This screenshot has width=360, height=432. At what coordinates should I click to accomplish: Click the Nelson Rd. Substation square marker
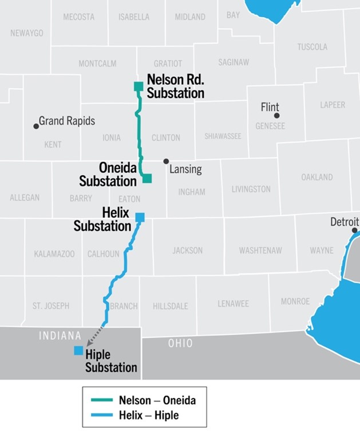(x=138, y=87)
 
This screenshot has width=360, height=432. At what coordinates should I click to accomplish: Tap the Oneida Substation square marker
(x=147, y=178)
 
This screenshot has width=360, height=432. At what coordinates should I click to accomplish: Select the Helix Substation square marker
(x=140, y=217)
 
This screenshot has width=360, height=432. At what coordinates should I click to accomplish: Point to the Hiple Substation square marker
(x=78, y=351)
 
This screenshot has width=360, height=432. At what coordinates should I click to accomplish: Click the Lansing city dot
(x=166, y=162)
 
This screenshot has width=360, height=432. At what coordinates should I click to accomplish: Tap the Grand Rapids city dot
(x=36, y=126)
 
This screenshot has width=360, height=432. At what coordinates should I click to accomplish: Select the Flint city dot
(x=277, y=116)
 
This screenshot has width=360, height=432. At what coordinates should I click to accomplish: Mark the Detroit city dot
(x=354, y=230)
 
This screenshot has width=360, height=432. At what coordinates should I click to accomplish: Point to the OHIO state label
(x=180, y=344)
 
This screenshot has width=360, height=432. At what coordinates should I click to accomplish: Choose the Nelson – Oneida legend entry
(x=143, y=400)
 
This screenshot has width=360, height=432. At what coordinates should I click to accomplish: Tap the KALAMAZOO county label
(x=54, y=254)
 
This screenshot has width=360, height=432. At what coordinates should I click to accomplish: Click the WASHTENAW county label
(x=259, y=250)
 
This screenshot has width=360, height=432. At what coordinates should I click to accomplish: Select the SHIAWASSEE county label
(x=223, y=136)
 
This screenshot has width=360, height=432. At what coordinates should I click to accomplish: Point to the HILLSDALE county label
(x=170, y=306)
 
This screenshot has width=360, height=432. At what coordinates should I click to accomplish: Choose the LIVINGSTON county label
(x=251, y=189)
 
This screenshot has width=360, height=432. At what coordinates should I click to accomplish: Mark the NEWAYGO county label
(x=27, y=33)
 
